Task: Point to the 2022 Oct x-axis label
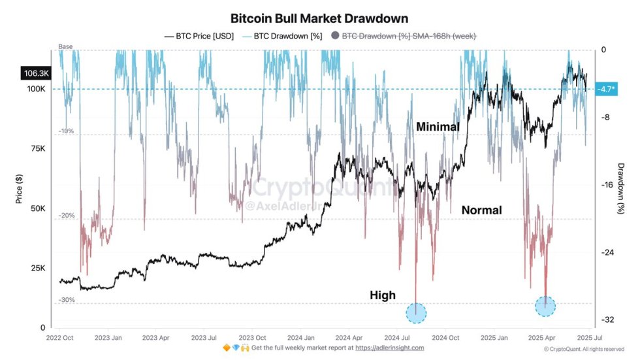60,338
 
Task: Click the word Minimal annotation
438,127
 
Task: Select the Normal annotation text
481,210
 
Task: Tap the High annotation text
382,295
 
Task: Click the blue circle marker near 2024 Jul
416,313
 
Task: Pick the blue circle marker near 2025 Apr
545,306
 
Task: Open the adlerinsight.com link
389,348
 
